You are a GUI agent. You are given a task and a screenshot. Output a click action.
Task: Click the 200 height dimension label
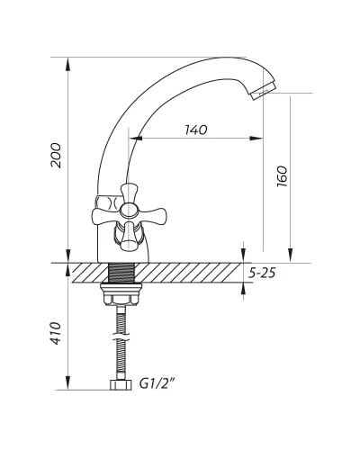tap(56, 156)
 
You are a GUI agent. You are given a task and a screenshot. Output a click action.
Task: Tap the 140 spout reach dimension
tap(195, 130)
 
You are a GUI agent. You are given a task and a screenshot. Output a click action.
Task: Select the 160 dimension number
tap(282, 176)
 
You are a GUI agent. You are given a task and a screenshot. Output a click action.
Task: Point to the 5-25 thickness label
tap(262, 273)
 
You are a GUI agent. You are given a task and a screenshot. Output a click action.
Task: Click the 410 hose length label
tap(56, 333)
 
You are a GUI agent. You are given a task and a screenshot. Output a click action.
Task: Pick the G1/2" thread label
tap(157, 383)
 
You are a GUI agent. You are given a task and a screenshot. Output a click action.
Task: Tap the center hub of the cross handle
tap(129, 210)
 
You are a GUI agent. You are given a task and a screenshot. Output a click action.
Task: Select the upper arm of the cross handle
tap(129, 193)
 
